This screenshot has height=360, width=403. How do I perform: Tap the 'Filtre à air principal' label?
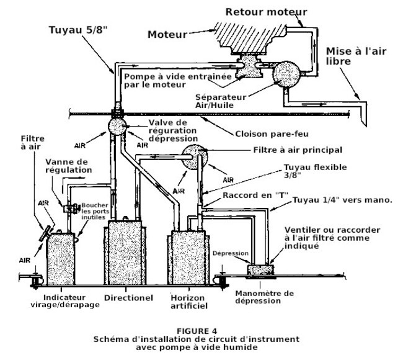[x=298, y=150]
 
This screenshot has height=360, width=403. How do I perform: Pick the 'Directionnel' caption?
[x=128, y=298]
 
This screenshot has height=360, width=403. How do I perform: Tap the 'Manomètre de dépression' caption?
[x=265, y=297]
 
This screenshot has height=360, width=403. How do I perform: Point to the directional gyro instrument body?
[x=128, y=254]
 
